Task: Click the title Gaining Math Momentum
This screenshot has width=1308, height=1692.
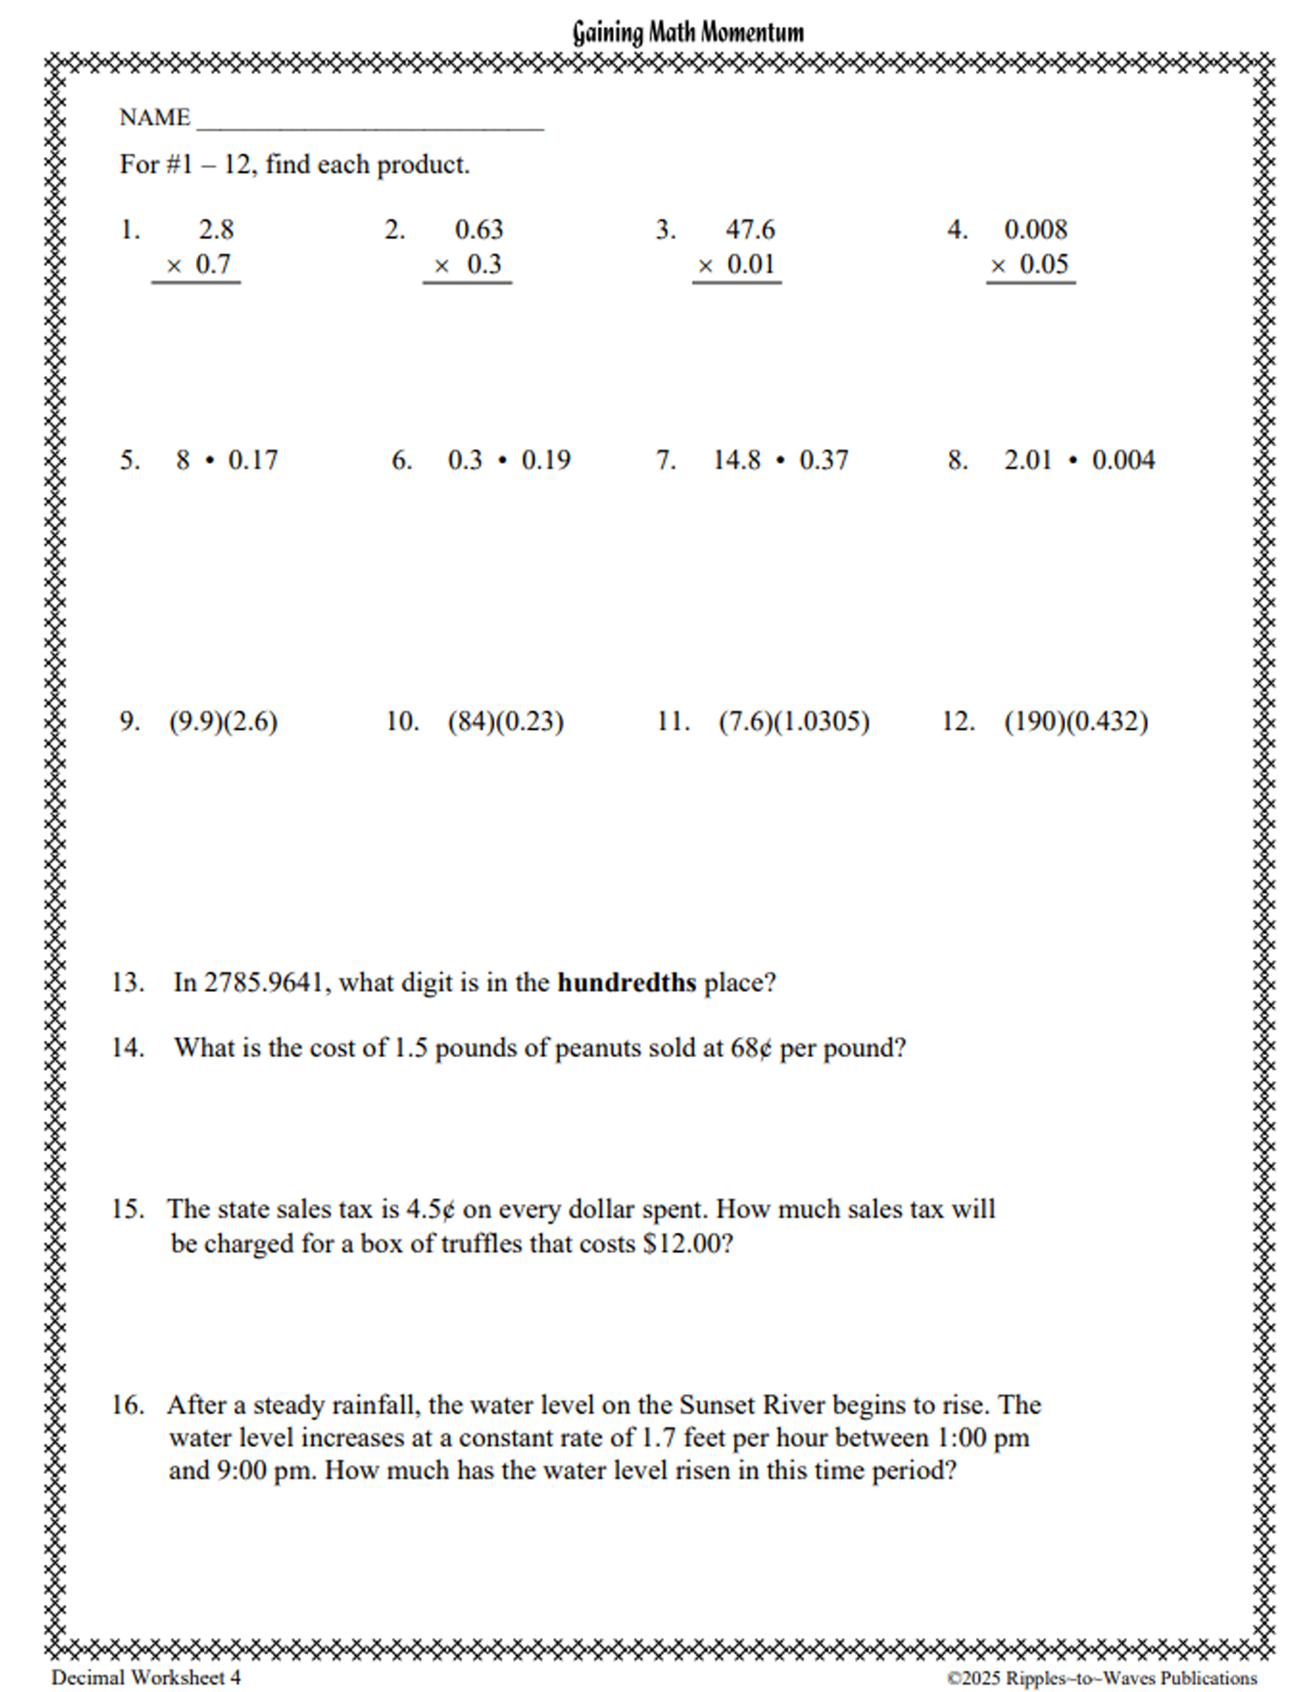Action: (x=687, y=32)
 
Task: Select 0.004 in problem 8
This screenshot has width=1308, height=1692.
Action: (x=1123, y=460)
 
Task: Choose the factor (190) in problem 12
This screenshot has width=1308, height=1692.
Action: (x=1035, y=721)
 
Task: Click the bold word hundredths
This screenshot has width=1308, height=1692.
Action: (x=627, y=982)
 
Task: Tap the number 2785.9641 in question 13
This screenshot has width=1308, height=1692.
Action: (x=264, y=982)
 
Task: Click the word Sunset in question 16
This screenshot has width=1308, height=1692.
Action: (x=717, y=1404)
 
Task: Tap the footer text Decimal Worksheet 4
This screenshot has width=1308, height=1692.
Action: (x=146, y=1677)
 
